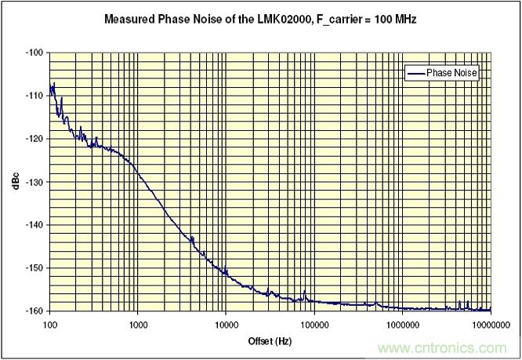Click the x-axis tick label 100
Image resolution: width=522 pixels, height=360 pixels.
(49, 323)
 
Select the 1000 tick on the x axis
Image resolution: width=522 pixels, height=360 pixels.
(138, 323)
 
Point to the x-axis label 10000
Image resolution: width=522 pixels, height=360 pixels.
(226, 323)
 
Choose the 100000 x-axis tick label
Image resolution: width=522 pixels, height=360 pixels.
(314, 323)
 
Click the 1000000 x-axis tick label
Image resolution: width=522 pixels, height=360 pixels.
(402, 323)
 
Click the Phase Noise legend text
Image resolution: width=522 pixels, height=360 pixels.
(451, 73)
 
